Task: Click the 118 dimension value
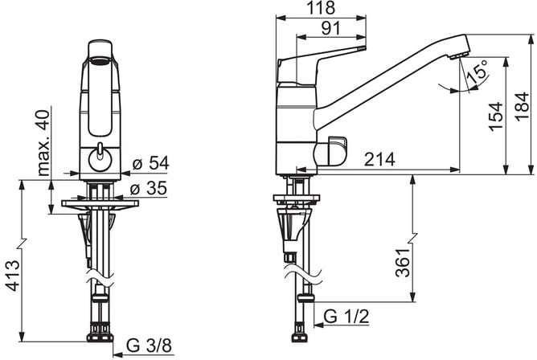pyautogui.click(x=321, y=8)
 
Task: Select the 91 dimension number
pyautogui.click(x=331, y=28)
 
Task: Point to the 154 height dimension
pyautogui.click(x=496, y=117)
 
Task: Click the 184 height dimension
pyautogui.click(x=523, y=106)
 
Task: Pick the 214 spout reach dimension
pyautogui.click(x=379, y=159)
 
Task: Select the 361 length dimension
pyautogui.click(x=403, y=263)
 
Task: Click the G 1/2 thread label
pyautogui.click(x=346, y=317)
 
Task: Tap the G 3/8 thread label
pyautogui.click(x=149, y=346)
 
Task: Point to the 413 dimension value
pyautogui.click(x=14, y=276)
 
